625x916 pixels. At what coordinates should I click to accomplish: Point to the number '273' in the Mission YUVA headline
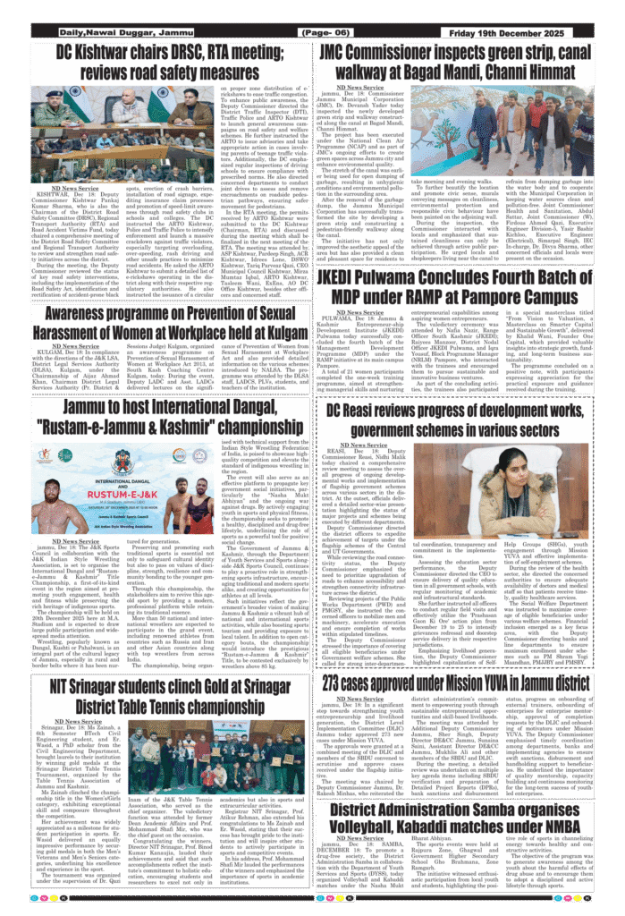coord(342,657)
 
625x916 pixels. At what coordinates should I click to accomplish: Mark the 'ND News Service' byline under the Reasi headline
coord(351,445)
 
